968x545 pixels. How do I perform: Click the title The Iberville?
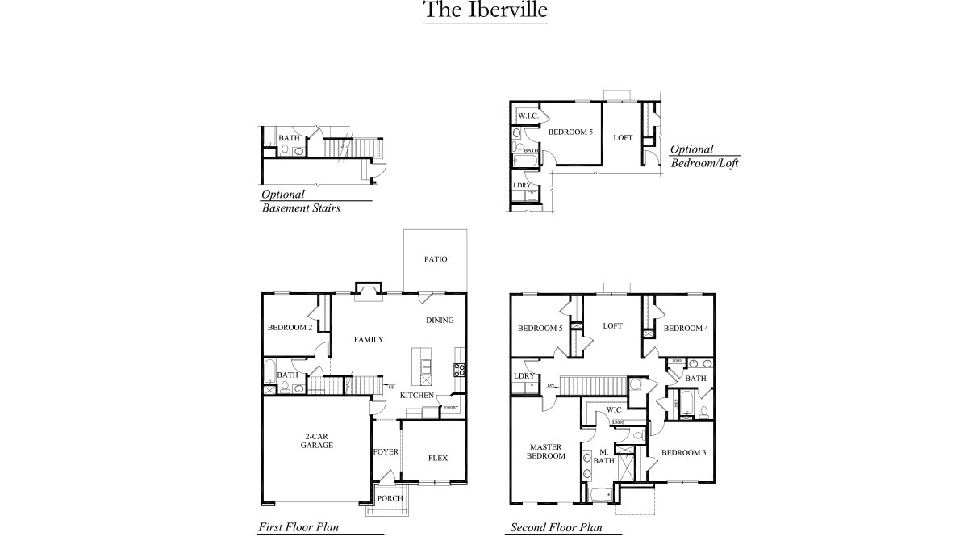[485, 10]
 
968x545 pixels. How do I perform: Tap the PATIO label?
[436, 259]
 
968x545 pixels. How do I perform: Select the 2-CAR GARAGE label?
[316, 440]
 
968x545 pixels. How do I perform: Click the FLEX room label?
[437, 458]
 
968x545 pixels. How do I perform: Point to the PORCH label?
[390, 498]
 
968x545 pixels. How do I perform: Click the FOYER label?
[386, 451]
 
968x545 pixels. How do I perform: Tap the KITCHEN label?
[417, 396]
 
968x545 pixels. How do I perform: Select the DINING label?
[440, 320]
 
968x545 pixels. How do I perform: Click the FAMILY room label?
[369, 339]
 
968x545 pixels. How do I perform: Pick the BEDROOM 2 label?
[290, 327]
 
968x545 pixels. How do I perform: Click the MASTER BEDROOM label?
[545, 451]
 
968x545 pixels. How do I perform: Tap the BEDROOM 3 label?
[683, 452]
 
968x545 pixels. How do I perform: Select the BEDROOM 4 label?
[686, 328]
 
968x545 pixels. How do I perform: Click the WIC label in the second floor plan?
[613, 409]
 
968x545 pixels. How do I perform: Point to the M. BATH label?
[604, 456]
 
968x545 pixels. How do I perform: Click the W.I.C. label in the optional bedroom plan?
[528, 115]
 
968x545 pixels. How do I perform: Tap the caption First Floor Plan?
[298, 527]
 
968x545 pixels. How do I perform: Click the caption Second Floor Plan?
[557, 528]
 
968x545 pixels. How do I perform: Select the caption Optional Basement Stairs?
[300, 201]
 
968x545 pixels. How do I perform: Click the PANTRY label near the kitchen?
[451, 408]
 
